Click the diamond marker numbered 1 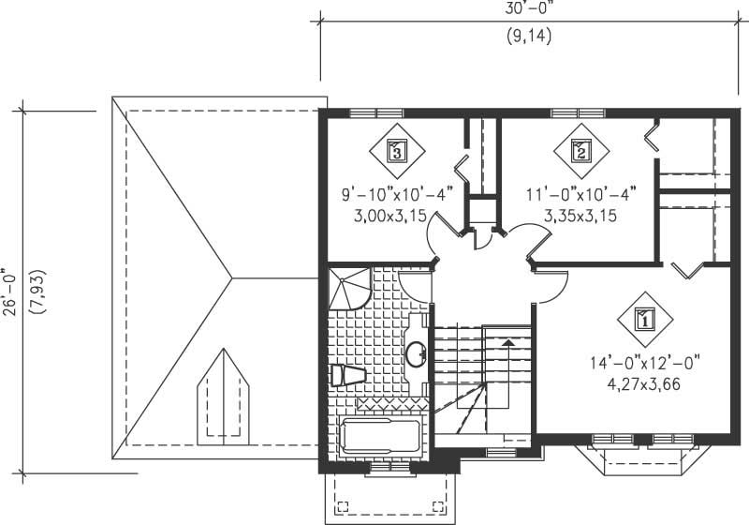(644, 320)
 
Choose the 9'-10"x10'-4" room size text (397, 194)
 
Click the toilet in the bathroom (348, 374)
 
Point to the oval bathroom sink (416, 353)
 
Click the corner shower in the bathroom (348, 288)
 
